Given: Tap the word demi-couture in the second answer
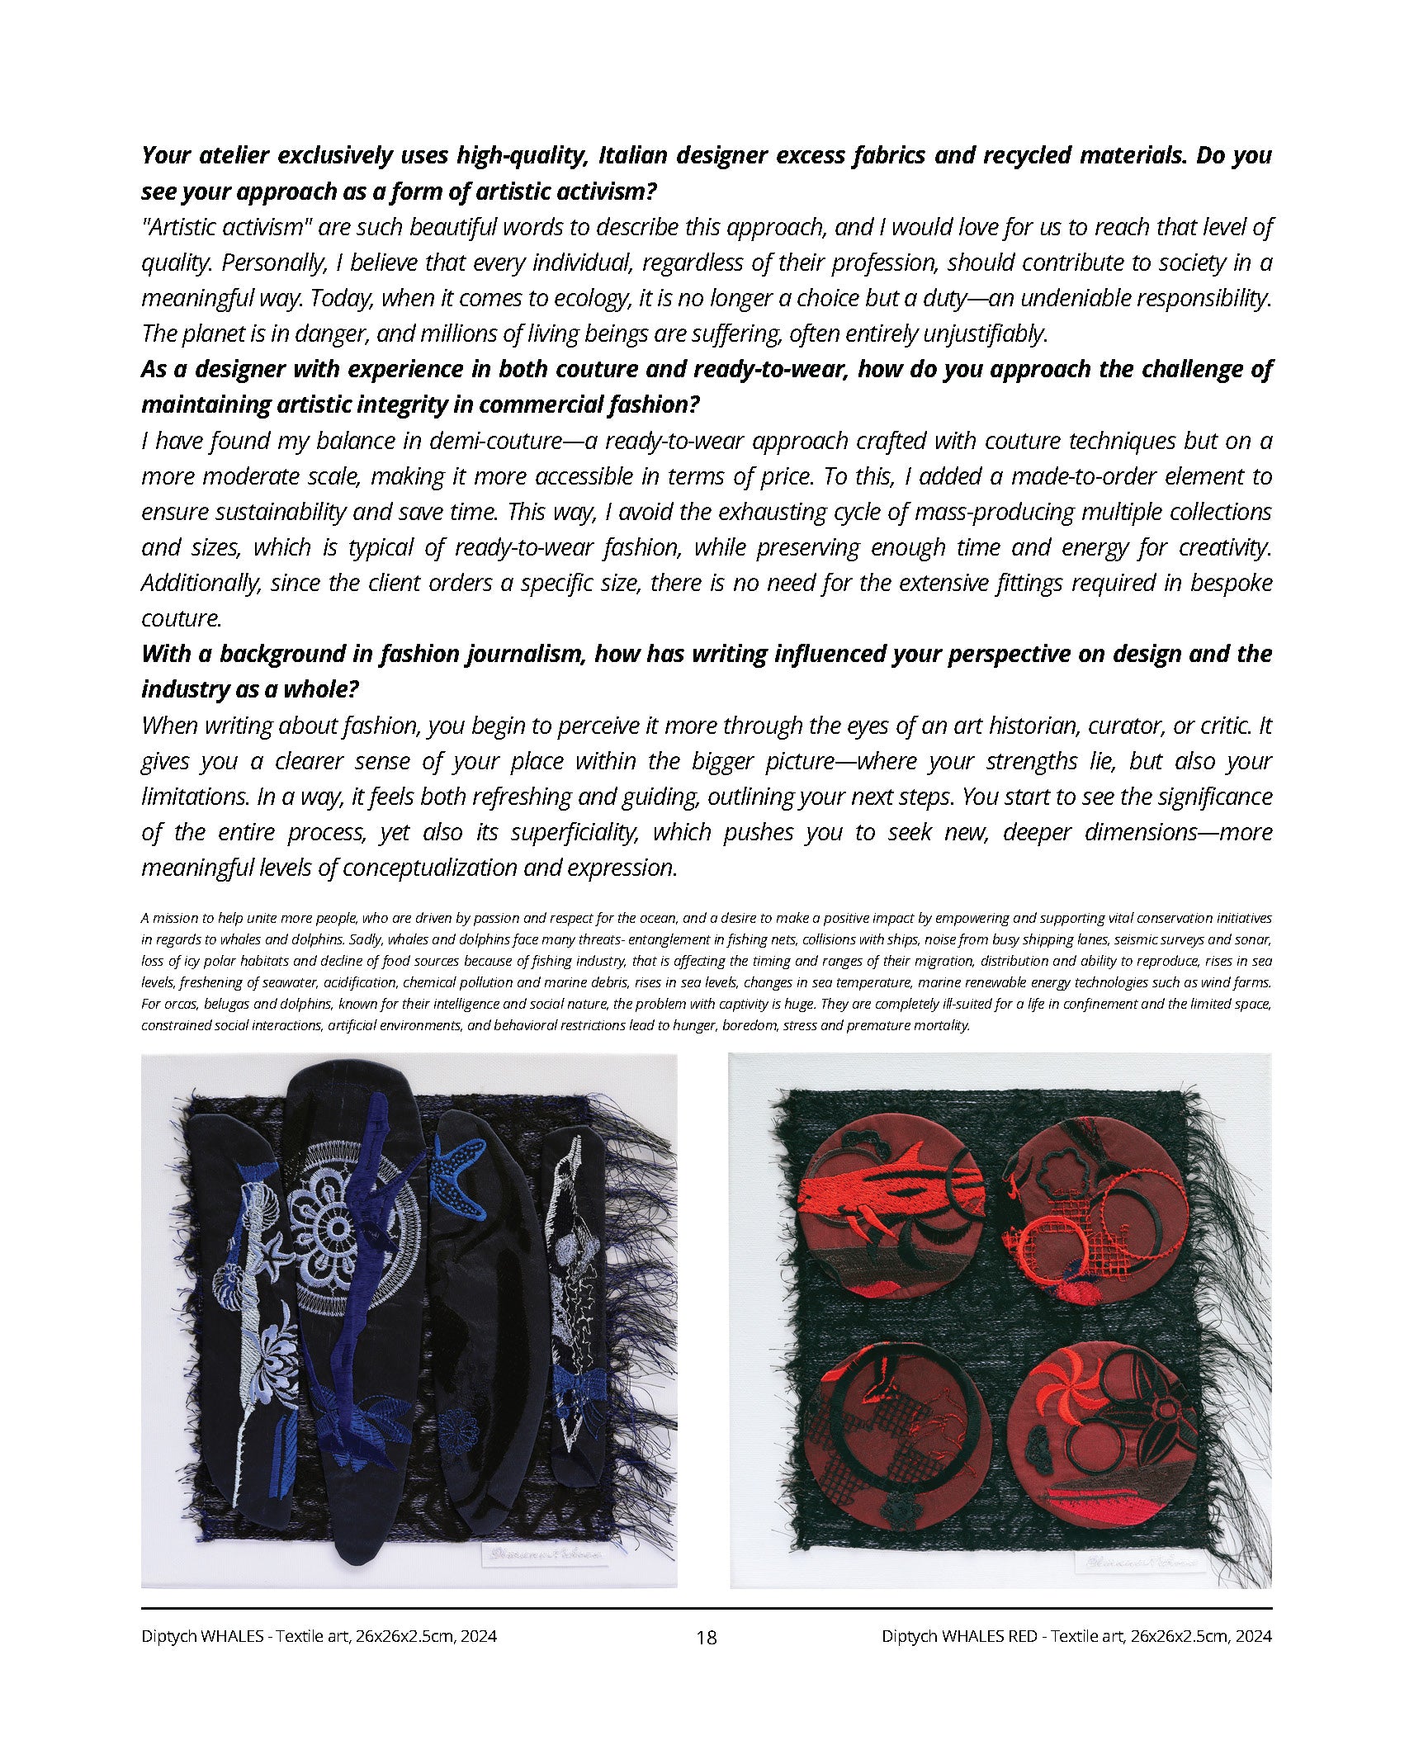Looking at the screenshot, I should (x=494, y=441).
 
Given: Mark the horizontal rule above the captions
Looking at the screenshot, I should (x=707, y=1608).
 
